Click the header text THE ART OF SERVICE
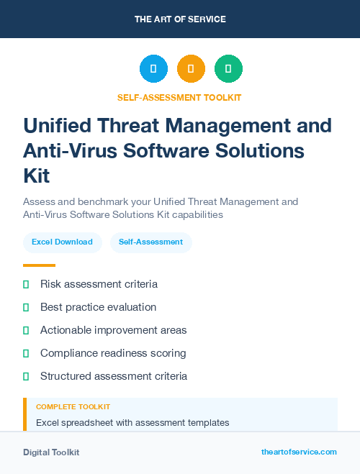180,19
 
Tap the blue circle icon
153,69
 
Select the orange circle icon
191,69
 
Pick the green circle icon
228,69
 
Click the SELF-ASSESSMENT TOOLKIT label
180,97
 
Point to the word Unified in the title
58,126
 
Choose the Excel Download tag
62,242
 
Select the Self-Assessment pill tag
150,242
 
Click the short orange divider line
39,265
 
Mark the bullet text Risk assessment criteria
99,284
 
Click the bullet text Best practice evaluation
98,307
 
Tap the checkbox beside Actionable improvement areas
26,330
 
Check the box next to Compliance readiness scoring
26,353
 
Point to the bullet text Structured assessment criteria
114,376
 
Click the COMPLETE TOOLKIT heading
73,407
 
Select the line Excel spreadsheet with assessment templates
132,422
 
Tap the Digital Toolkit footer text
51,452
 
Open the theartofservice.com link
299,452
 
